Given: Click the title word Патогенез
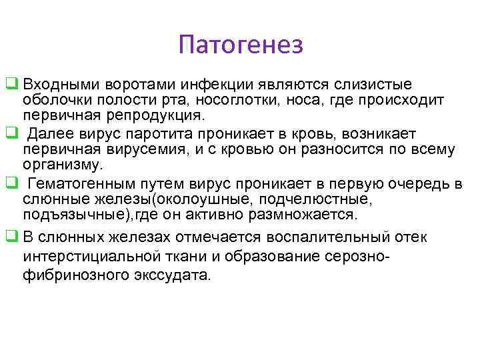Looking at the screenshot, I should coord(241,45).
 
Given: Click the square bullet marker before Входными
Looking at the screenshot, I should coord(12,85).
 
